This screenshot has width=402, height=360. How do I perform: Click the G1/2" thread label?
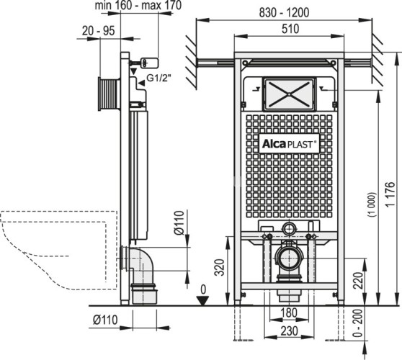(x=159, y=78)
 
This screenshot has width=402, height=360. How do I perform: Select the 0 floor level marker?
(x=204, y=290)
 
